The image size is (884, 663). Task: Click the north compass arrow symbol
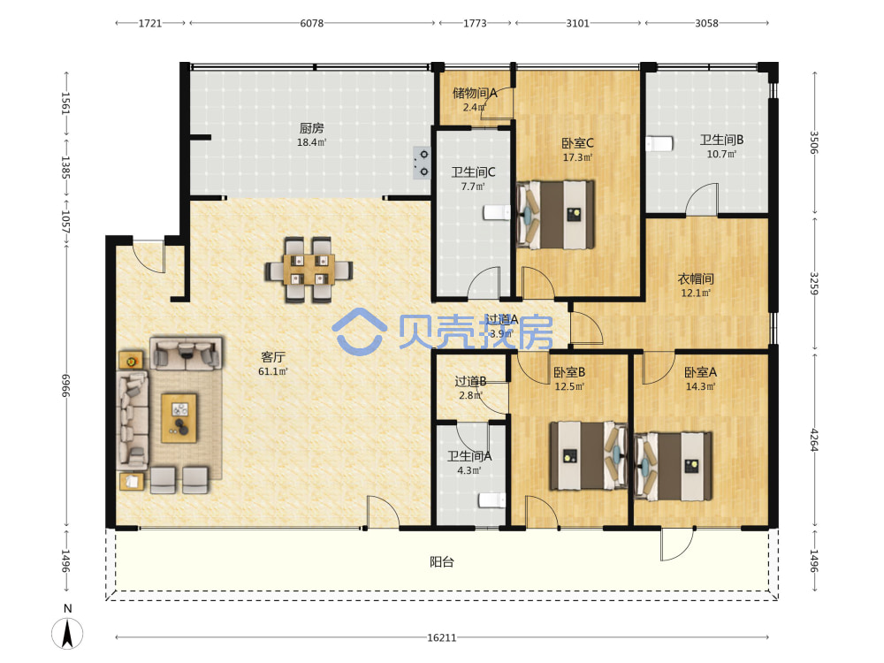67,633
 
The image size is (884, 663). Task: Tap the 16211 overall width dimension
441,637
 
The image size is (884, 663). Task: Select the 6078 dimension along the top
312,23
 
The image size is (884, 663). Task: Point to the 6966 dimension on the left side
66,385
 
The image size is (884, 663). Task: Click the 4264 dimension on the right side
813,439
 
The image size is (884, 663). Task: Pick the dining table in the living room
309,270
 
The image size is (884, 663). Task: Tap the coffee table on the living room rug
179,418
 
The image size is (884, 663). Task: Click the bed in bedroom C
555,214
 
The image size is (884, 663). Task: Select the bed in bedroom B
589,455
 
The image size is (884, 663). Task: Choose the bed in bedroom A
673,466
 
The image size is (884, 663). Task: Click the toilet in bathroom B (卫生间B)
659,144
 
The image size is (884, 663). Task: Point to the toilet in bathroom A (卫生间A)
492,500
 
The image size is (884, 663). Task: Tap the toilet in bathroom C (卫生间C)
497,212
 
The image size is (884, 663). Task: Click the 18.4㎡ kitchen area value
312,142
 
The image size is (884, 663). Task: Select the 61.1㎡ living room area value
273,371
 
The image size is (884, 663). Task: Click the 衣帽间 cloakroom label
696,278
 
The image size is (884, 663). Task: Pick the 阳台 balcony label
441,561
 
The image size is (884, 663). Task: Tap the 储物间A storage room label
475,93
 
